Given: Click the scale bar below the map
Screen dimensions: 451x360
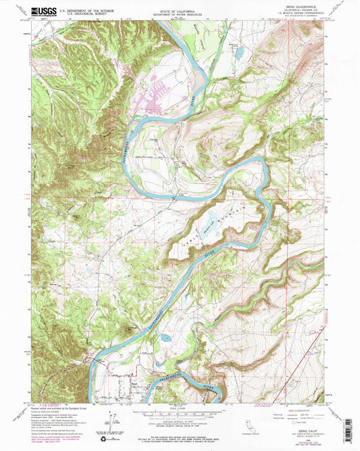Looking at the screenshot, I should click(x=180, y=414).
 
